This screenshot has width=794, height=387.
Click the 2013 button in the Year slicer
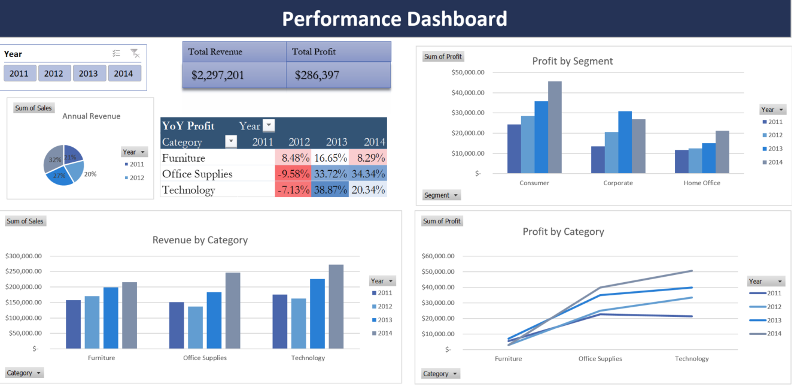click(89, 74)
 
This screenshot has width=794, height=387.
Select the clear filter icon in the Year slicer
click(135, 54)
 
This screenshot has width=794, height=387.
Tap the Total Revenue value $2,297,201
click(218, 75)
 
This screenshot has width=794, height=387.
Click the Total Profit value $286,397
click(317, 75)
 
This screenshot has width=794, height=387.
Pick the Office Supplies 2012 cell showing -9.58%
click(293, 174)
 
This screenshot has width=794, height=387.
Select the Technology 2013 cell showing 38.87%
click(330, 190)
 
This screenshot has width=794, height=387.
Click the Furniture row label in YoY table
click(184, 158)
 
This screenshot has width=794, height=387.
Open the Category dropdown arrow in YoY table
click(230, 142)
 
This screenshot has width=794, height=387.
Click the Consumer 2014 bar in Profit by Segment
click(555, 128)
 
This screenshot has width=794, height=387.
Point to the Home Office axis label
click(702, 183)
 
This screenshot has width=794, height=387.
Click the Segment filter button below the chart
click(442, 195)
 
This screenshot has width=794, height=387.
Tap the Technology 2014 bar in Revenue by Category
click(336, 306)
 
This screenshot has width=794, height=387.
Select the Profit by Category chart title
click(563, 232)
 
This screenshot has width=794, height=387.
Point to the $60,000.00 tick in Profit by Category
click(438, 256)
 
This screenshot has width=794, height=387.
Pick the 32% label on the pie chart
click(55, 160)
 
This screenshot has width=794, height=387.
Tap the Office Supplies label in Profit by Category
click(600, 359)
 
